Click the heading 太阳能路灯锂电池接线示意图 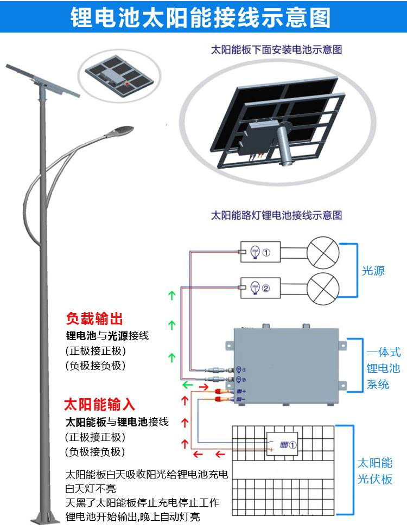coord(276,215)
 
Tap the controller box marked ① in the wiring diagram coord(260,252)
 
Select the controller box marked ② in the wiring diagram coord(260,288)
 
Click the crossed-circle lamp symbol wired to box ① coord(323,252)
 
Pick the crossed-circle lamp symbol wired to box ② coord(323,288)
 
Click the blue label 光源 coord(373,270)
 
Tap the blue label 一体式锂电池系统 coord(383,368)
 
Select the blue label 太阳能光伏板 coord(374,471)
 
